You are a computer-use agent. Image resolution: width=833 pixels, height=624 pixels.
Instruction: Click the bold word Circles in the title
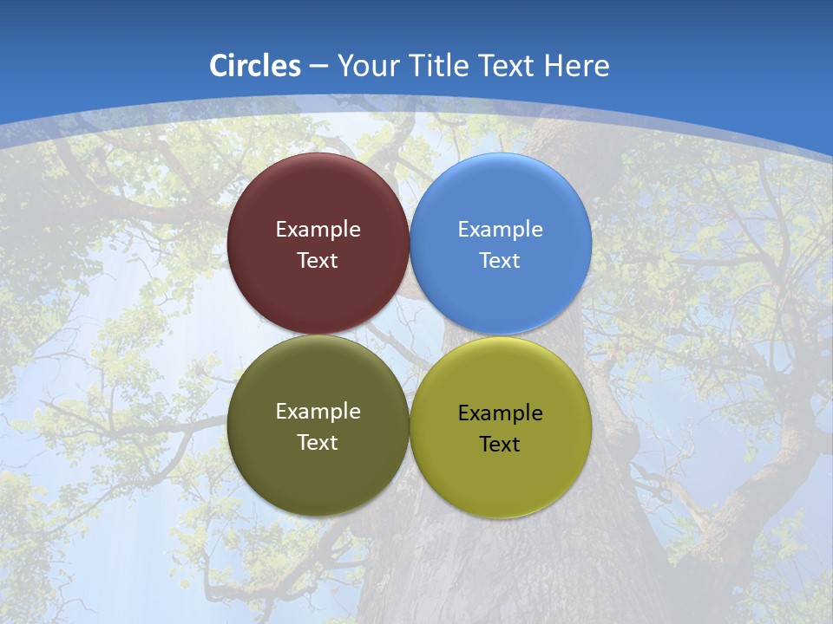tap(254, 66)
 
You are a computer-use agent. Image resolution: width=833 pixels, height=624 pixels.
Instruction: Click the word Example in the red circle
tap(318, 230)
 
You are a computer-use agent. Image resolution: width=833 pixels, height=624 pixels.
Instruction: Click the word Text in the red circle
tap(318, 261)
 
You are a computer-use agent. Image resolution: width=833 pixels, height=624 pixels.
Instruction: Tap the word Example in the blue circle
tap(500, 230)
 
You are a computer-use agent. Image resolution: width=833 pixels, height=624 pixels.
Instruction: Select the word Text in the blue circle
tap(500, 261)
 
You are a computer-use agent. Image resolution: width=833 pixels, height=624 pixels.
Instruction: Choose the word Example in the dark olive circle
tap(318, 412)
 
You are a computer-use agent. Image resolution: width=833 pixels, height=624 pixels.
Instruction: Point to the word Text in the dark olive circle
tap(318, 443)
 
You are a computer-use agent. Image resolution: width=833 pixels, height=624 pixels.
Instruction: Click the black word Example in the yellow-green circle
tap(500, 413)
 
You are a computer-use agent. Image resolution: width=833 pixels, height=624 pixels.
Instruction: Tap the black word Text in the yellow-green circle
tap(500, 445)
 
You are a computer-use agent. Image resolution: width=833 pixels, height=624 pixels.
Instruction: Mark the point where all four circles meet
tap(409, 335)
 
